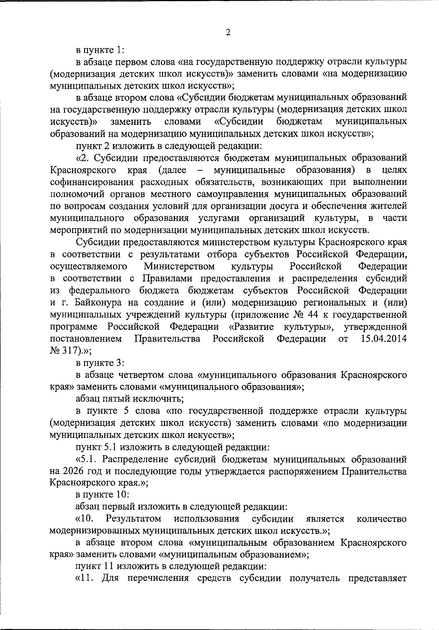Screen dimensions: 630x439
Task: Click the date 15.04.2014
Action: tap(383, 339)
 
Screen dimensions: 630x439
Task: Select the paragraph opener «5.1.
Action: tap(87, 459)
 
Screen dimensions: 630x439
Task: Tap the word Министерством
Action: tap(179, 266)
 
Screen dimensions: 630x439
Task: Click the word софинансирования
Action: tap(93, 182)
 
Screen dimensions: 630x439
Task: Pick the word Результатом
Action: tap(134, 519)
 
